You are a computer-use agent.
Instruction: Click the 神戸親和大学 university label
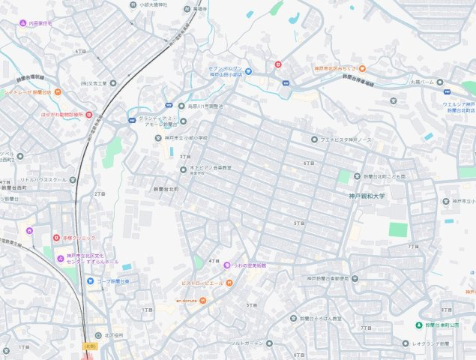coord(367,196)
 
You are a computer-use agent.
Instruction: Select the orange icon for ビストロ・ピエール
coord(229,283)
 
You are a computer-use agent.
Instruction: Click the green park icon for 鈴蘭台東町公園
coord(419,325)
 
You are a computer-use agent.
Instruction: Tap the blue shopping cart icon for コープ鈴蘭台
coord(91,281)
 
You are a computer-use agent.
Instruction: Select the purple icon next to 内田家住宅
coord(23,23)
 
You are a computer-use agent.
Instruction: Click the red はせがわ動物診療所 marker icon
coord(88,115)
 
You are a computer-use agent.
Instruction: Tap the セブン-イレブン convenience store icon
coord(248,71)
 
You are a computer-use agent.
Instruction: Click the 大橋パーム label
coord(422,82)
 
